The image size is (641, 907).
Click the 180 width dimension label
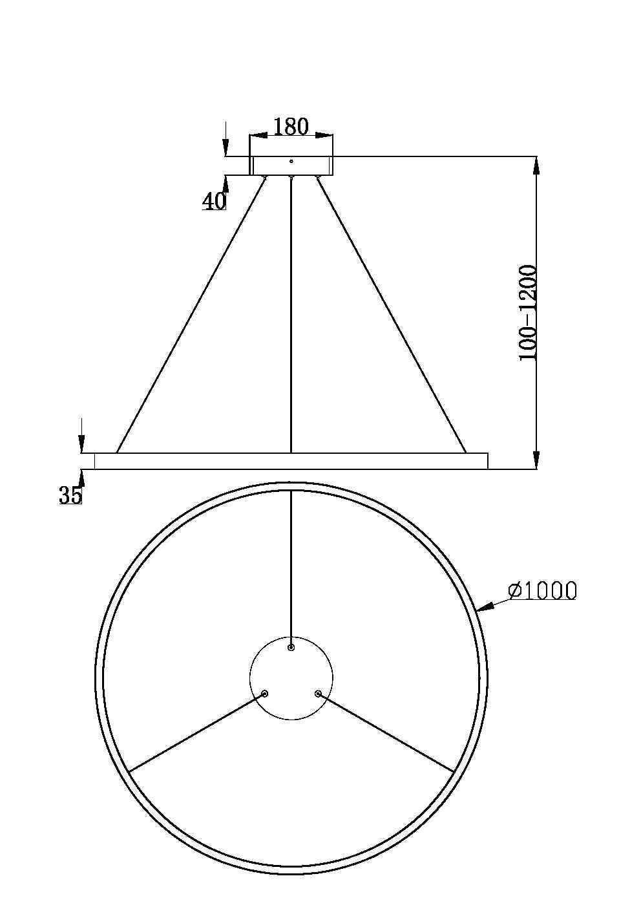(291, 127)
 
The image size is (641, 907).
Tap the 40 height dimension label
(215, 202)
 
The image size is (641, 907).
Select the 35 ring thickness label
(70, 495)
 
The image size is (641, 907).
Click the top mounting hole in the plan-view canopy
(291, 646)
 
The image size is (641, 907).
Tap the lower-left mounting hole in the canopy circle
(264, 694)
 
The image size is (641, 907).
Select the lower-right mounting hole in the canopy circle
(318, 694)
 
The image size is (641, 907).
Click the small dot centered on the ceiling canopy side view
(291, 161)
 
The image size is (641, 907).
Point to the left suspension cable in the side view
(191, 315)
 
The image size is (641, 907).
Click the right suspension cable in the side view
(392, 315)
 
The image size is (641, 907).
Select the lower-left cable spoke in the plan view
(196, 733)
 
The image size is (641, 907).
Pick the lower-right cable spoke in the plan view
(386, 733)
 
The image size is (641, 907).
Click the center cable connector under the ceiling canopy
(291, 177)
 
